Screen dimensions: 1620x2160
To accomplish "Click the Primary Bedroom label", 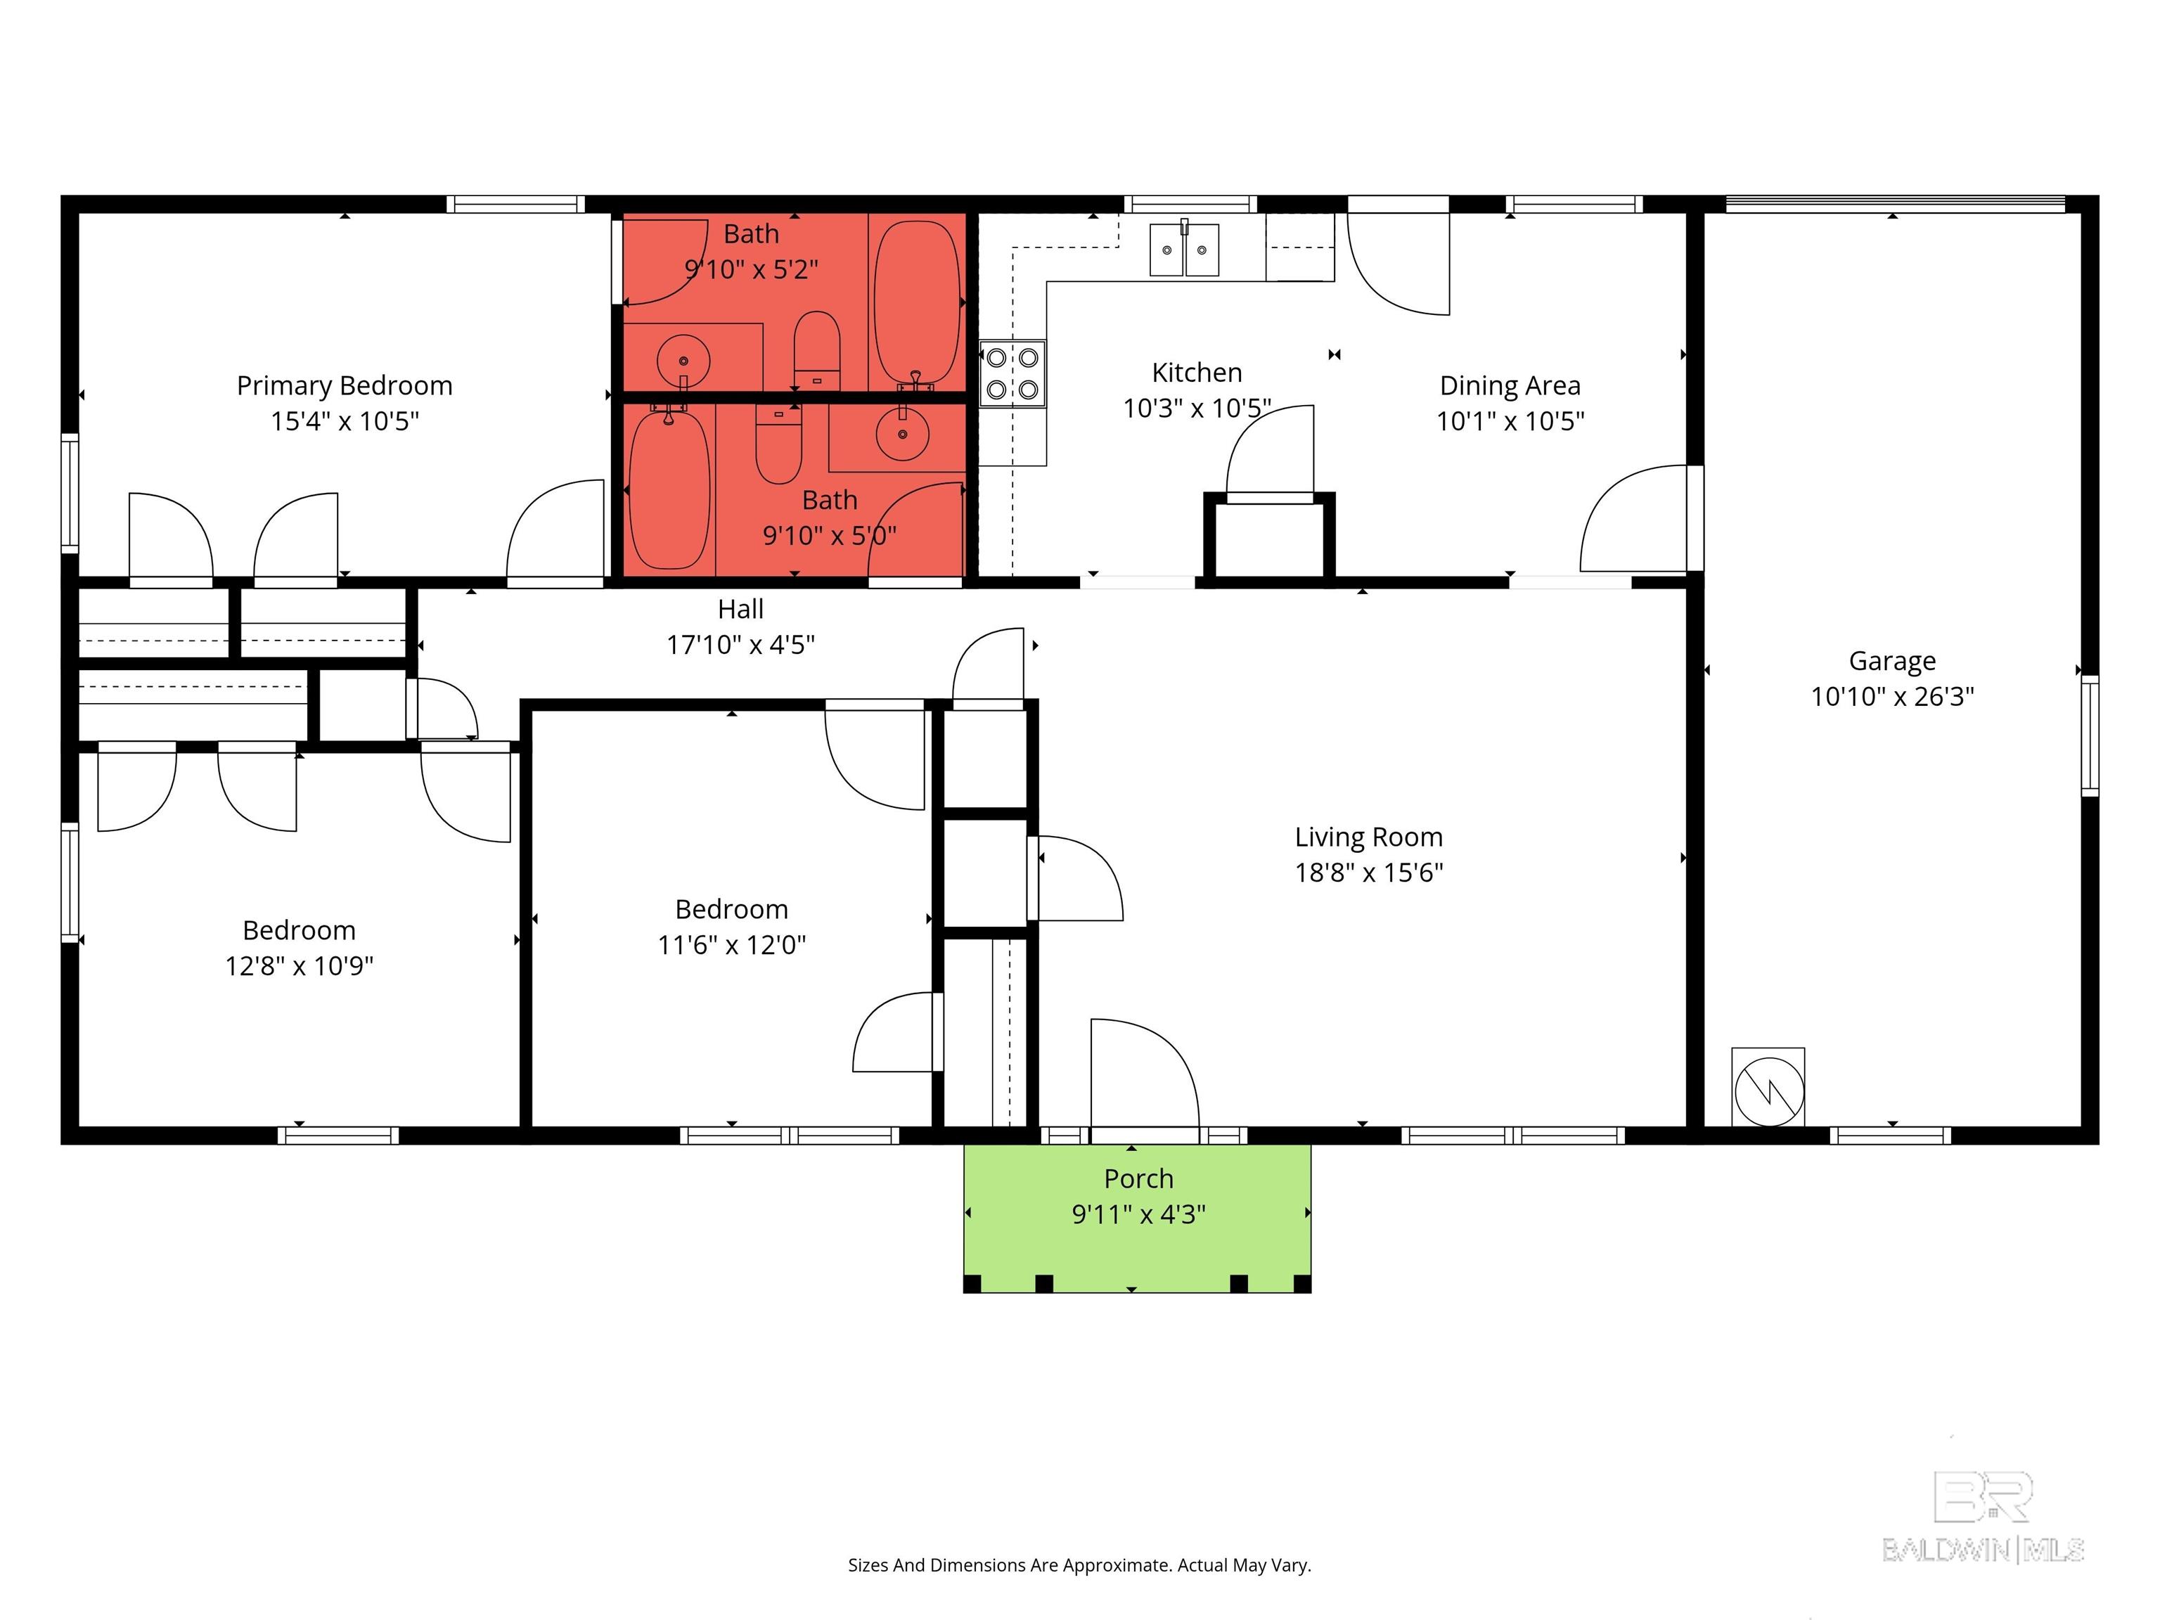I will pyautogui.click(x=344, y=386).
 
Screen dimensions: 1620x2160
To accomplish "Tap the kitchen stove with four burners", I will pyautogui.click(x=1012, y=373).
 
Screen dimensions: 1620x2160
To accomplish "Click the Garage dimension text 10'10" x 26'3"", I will pyautogui.click(x=1891, y=696).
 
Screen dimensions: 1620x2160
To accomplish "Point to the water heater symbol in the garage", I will pyautogui.click(x=1768, y=1087).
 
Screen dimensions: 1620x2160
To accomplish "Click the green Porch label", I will pyautogui.click(x=1138, y=1178).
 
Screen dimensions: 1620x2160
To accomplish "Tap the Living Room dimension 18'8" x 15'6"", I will pyautogui.click(x=1368, y=872).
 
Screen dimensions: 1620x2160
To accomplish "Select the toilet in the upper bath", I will pyautogui.click(x=816, y=349).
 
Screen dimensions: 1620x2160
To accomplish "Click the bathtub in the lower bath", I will pyautogui.click(x=669, y=488).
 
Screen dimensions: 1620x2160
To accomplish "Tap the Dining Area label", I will pyautogui.click(x=1509, y=386).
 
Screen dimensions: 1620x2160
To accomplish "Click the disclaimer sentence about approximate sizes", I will pyautogui.click(x=1079, y=1565).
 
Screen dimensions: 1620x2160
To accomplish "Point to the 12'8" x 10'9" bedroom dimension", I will pyautogui.click(x=299, y=966).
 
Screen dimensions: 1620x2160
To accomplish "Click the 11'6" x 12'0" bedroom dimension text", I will pyautogui.click(x=731, y=944).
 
